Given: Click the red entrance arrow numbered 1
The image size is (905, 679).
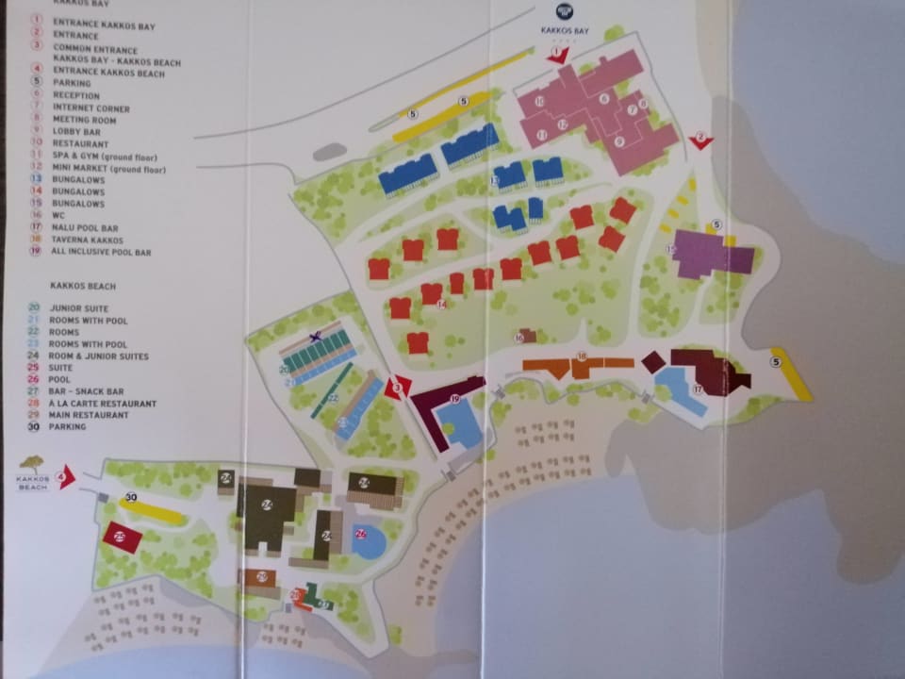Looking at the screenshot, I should tap(558, 56).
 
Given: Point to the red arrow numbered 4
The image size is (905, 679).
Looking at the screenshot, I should tap(65, 477).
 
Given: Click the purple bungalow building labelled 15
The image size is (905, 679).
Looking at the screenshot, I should tap(712, 254).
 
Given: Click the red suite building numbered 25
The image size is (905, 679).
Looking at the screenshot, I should tap(122, 538).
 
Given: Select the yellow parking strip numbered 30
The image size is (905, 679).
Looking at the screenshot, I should tap(151, 510).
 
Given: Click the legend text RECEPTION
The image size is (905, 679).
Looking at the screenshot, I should tap(78, 96).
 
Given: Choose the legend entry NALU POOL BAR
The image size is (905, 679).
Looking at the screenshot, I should tap(86, 228).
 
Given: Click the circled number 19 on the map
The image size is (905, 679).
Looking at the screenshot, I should tap(454, 400).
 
